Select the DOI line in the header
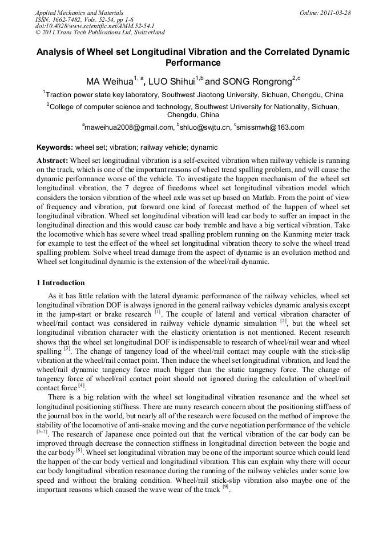point(95,26)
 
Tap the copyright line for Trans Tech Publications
point(100,33)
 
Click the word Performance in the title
point(193,63)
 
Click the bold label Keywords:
point(55,147)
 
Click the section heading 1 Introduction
point(61,283)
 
